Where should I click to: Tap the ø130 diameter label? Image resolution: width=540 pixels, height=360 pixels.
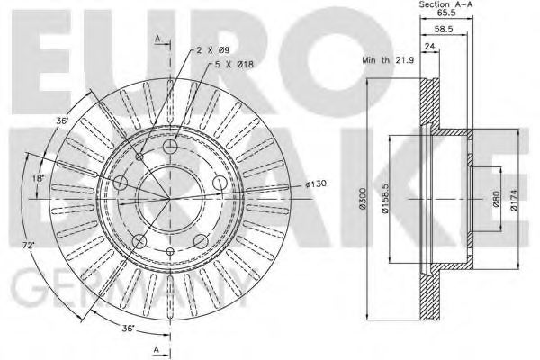click(x=317, y=184)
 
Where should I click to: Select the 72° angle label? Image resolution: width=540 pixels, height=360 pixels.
click(x=31, y=245)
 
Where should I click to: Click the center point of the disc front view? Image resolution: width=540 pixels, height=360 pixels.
click(x=167, y=197)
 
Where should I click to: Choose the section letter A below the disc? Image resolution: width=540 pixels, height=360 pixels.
click(x=157, y=348)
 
